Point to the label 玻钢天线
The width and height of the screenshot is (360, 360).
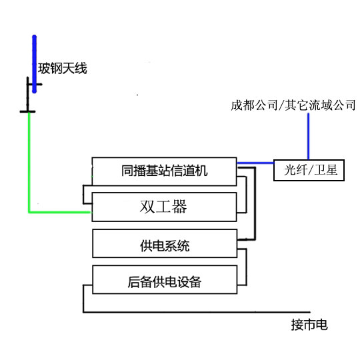(x=63, y=69)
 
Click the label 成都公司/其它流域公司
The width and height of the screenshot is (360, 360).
(x=293, y=105)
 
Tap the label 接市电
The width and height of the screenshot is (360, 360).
(x=309, y=325)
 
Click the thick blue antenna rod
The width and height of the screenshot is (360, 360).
(x=35, y=64)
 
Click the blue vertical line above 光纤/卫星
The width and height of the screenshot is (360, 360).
(x=309, y=136)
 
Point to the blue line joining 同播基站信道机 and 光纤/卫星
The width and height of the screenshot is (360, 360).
(x=255, y=163)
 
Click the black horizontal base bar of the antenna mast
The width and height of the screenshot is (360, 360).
(x=27, y=111)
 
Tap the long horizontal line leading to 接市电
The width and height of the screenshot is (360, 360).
(x=197, y=312)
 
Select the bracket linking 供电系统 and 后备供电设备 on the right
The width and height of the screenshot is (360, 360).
(x=247, y=267)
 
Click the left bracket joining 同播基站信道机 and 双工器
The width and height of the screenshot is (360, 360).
(x=83, y=195)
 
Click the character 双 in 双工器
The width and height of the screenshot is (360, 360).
(x=147, y=207)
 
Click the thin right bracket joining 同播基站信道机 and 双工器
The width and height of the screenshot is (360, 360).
(x=246, y=195)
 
